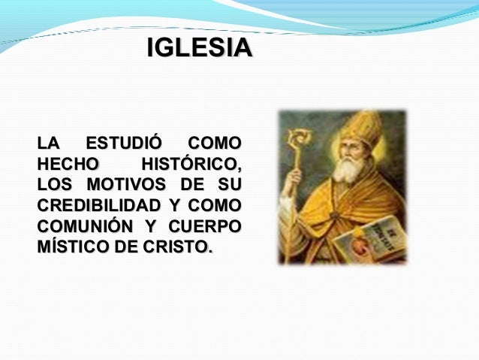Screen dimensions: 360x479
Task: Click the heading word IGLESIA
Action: (x=198, y=50)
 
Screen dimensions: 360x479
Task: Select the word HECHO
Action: (x=67, y=163)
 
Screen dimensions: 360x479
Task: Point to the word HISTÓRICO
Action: (x=191, y=163)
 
